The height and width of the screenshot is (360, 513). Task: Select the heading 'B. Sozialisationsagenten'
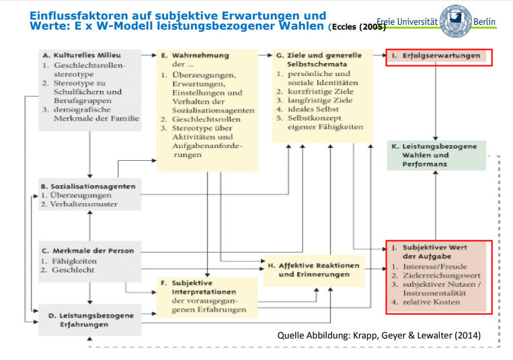tap(88, 186)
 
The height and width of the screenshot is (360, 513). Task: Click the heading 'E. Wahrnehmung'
tap(200, 55)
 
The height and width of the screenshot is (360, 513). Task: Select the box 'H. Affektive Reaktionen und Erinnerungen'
tap(313, 270)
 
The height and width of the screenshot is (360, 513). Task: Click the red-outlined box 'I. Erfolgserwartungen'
tap(438, 57)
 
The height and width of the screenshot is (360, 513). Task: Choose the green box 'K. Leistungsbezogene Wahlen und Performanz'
tap(436, 155)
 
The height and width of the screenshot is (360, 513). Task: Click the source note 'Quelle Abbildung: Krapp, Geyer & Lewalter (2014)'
tap(379, 335)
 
